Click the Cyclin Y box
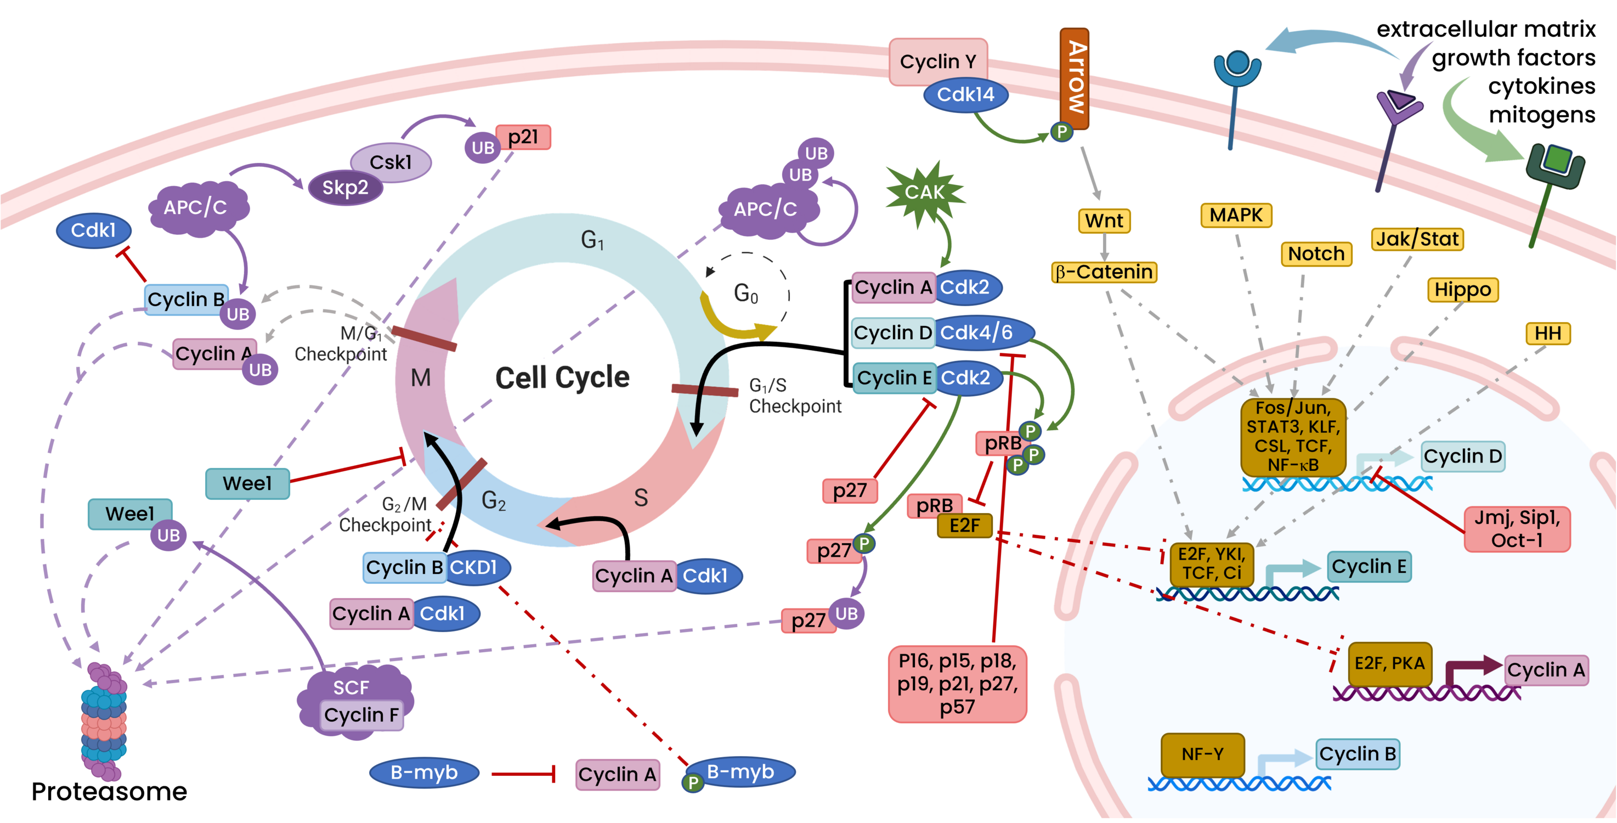(938, 61)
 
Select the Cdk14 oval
(965, 95)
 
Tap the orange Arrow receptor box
(1074, 78)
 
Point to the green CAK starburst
(924, 192)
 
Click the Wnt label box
(1104, 221)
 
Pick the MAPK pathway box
(1236, 215)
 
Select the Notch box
(1316, 253)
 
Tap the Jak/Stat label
(1417, 239)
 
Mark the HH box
(1547, 334)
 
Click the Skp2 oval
(344, 188)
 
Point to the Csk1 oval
(391, 162)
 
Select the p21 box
(523, 137)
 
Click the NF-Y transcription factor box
(1202, 754)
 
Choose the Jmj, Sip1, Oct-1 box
(1517, 529)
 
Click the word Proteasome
(109, 792)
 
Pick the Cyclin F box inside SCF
(361, 715)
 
